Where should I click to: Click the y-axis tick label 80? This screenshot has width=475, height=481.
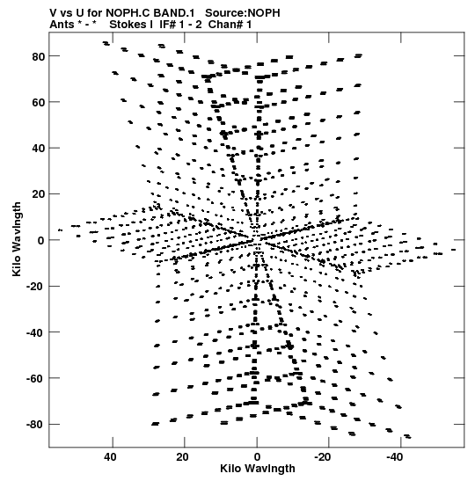[39, 57]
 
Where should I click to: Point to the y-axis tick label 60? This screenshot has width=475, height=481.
[39, 103]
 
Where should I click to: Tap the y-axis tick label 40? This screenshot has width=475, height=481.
[39, 149]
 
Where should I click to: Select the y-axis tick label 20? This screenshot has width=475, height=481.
[39, 195]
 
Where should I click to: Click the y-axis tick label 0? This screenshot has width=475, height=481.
[41, 241]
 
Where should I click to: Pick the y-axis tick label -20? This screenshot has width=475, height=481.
[36, 287]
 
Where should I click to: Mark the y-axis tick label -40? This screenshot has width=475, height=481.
[36, 333]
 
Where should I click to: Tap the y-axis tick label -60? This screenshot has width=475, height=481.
[36, 379]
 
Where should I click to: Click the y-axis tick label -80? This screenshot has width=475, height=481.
[36, 425]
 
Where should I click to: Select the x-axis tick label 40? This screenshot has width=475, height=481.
[110, 457]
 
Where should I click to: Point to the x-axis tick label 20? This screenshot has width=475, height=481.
[182, 457]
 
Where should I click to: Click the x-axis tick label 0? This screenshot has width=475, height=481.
[257, 457]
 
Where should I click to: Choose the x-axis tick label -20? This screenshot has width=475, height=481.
[323, 457]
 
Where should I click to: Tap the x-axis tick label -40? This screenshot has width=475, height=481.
[395, 457]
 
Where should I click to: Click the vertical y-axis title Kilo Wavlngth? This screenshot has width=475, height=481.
[17, 239]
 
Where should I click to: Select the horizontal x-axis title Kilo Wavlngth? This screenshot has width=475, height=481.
[258, 469]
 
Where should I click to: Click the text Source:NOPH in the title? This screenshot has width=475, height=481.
[243, 13]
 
